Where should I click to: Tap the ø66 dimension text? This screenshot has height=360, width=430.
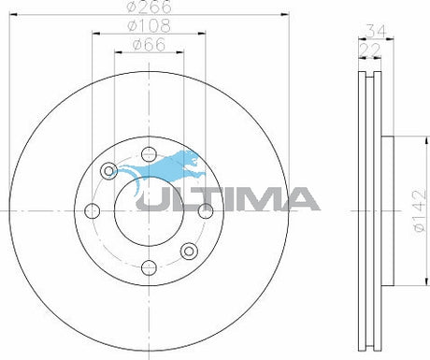coord(150,45)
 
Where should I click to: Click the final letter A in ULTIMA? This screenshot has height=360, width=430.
coord(298,199)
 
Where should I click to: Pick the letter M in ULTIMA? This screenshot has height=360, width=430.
coord(257,199)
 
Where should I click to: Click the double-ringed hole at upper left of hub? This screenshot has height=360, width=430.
coord(109,170)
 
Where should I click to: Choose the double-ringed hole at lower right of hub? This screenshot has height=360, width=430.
coord(189,250)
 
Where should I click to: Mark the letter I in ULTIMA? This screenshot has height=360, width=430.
coord(228,199)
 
